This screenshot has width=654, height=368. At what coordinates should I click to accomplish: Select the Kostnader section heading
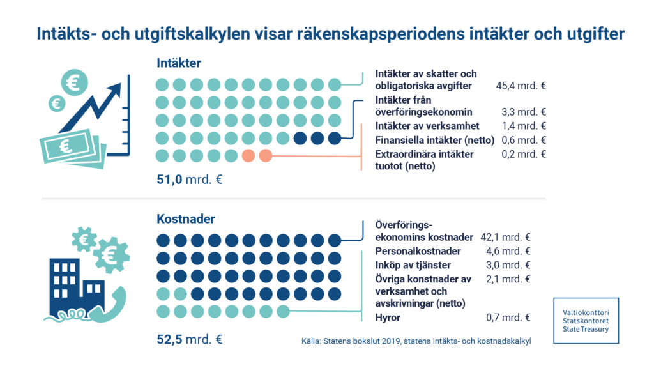tap(186, 219)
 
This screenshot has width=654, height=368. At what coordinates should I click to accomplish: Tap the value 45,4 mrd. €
tap(521, 86)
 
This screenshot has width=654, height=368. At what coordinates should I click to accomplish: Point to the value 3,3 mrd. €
tap(524, 112)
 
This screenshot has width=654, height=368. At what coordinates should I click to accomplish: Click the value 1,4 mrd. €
tap(524, 126)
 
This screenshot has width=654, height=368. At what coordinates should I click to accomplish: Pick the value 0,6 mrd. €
tap(524, 140)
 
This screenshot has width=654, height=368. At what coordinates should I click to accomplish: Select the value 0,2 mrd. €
tap(524, 154)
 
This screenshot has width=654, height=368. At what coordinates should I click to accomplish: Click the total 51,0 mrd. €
tap(190, 180)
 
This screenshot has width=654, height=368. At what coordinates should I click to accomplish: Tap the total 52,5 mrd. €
tap(190, 339)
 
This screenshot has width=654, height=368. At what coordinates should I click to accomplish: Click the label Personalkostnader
tap(417, 251)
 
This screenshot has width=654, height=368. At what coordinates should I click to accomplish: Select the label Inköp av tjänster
tap(413, 265)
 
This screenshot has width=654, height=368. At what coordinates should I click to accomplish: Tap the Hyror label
tap(388, 318)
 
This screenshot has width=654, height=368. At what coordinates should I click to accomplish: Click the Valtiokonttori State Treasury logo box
tap(586, 319)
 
